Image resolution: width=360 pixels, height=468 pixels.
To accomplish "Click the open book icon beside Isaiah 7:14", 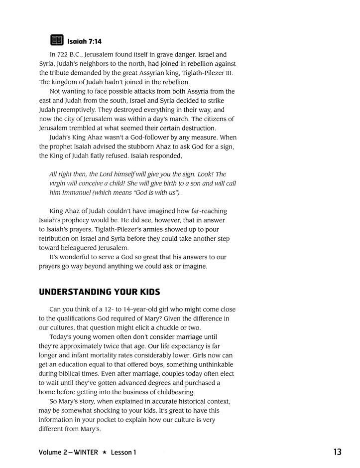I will tap(57, 40).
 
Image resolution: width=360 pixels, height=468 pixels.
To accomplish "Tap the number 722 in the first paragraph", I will tap(67, 54).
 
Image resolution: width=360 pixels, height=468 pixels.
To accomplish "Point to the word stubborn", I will tap(169, 147).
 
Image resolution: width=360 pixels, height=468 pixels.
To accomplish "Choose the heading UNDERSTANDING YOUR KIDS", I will tap(99, 292).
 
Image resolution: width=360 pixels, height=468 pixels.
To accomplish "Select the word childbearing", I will tap(165, 392).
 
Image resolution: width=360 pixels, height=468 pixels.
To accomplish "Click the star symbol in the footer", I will tap(105, 453).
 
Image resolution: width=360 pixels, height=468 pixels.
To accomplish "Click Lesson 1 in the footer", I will tap(123, 453).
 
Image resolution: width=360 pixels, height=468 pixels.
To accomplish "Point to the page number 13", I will tap(337, 452).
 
